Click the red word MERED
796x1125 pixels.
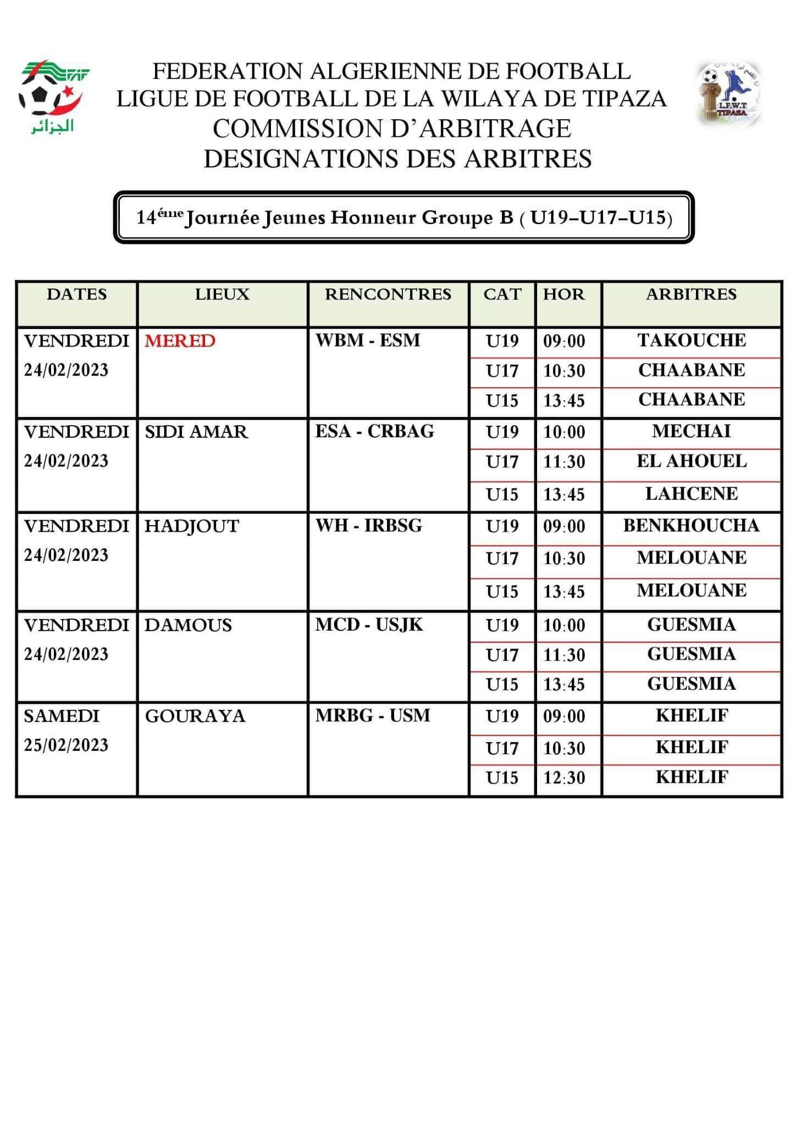[x=180, y=341]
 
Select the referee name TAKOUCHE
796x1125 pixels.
[x=692, y=340]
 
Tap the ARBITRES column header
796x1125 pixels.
[x=691, y=294]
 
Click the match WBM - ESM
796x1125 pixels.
[x=367, y=340]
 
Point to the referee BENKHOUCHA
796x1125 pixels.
[x=691, y=525]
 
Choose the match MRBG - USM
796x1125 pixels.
[x=372, y=715]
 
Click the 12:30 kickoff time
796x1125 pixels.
[x=564, y=777]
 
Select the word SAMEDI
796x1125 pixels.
[x=62, y=716]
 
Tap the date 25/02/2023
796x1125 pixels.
[x=66, y=745]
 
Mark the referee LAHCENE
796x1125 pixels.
[x=692, y=493]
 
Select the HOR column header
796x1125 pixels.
[x=564, y=294]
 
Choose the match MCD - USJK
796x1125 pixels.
[x=369, y=625]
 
